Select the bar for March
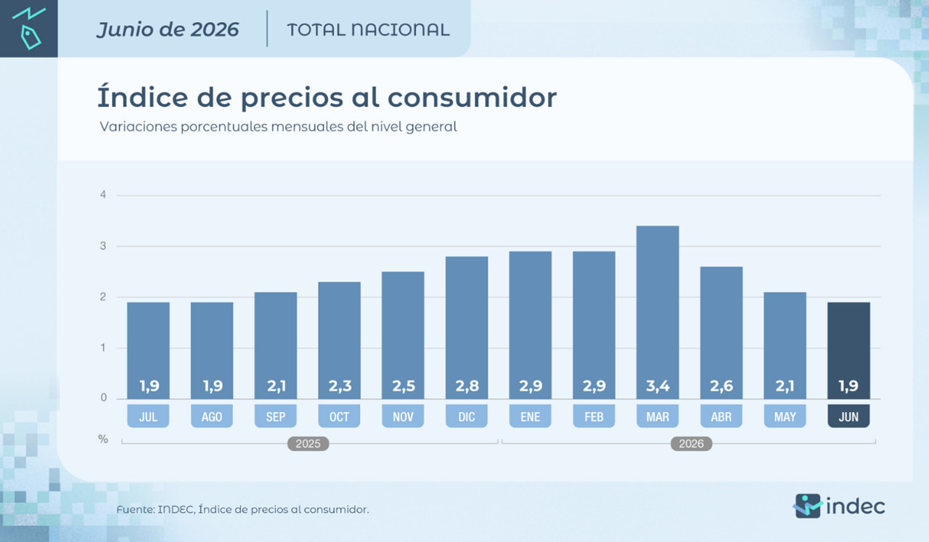(x=658, y=312)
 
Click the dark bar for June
(x=848, y=350)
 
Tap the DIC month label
(x=467, y=416)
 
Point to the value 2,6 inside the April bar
(x=721, y=386)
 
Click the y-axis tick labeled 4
(x=103, y=194)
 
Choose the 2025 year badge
(x=308, y=444)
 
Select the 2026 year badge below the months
(x=692, y=444)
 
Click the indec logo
(x=838, y=506)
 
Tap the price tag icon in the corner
(x=30, y=37)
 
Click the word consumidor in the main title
(x=472, y=98)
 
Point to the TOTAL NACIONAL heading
(x=368, y=30)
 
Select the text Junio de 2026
(x=168, y=30)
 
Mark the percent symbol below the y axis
(x=103, y=439)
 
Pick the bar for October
(x=339, y=340)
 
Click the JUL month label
(x=148, y=416)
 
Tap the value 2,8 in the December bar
(x=467, y=386)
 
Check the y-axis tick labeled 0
(x=103, y=398)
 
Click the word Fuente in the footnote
(x=134, y=509)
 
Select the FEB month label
(x=594, y=416)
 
